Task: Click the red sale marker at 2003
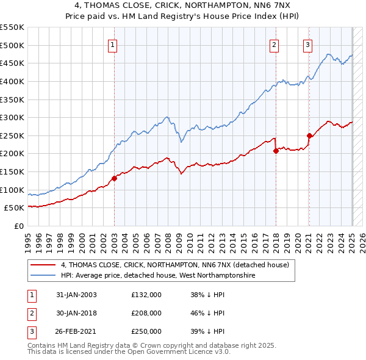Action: (114, 178)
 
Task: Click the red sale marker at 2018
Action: (276, 151)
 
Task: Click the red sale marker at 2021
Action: (309, 135)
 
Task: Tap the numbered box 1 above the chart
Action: (114, 44)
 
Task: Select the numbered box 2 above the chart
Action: (274, 44)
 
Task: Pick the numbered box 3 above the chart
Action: (308, 44)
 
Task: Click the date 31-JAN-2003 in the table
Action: (76, 295)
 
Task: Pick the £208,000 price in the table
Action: (146, 313)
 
